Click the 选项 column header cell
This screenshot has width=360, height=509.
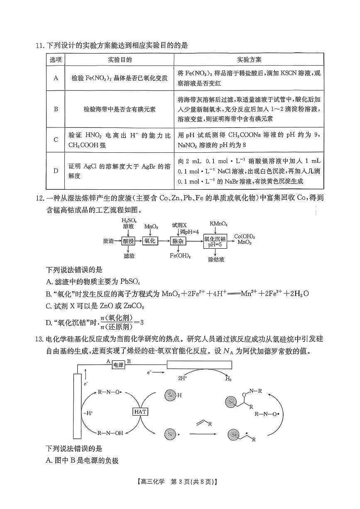(56, 60)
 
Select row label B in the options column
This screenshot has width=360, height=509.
(56, 109)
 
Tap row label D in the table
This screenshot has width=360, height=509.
(56, 171)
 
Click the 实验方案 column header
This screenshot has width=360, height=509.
(249, 60)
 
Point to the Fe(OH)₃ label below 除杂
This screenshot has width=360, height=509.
(180, 256)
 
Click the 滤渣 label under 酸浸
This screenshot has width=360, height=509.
(129, 256)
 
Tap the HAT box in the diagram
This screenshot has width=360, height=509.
(140, 411)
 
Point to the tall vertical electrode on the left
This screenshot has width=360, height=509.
(77, 406)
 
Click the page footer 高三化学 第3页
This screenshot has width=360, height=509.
(179, 494)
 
